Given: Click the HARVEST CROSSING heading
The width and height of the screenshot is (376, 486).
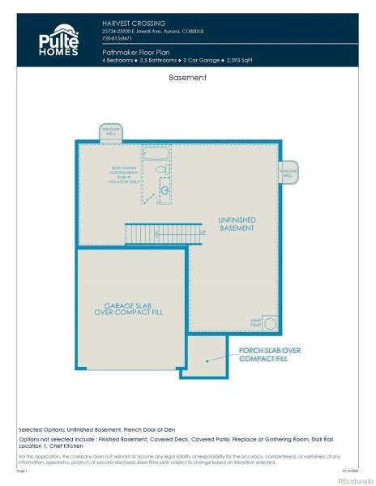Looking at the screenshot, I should click(x=134, y=23).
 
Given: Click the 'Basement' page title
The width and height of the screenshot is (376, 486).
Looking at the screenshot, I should click(x=188, y=79).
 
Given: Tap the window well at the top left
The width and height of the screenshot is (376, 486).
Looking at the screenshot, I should click(x=110, y=133).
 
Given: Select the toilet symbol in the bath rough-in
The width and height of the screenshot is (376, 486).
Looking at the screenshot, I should click(x=160, y=170).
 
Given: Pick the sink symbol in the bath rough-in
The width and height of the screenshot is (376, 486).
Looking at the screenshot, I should click(x=164, y=190).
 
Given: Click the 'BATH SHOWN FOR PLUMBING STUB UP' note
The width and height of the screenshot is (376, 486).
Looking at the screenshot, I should click(x=124, y=175).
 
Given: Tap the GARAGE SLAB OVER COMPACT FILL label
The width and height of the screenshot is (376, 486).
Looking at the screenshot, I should click(x=128, y=308).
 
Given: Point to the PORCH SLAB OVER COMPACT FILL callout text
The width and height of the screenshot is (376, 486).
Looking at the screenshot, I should click(x=269, y=354).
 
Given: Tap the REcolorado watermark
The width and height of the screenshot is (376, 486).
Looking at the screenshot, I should click(x=351, y=479).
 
